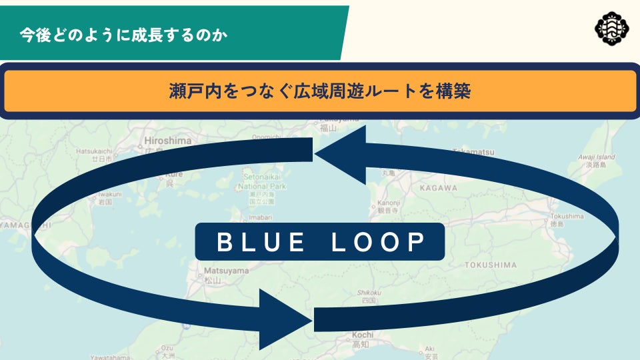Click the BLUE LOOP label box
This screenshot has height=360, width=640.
pos(320,241)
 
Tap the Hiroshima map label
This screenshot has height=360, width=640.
pos(167,141)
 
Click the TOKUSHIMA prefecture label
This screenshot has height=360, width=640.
pos(491,265)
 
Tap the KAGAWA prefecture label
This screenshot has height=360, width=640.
pos(438,188)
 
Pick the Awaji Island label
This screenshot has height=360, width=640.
pos(597,157)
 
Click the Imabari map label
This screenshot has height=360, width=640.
pos(260,217)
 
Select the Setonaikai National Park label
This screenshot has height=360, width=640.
pos(261,183)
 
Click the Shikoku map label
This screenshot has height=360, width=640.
pos(369,293)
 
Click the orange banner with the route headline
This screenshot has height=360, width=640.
pos(320,91)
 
